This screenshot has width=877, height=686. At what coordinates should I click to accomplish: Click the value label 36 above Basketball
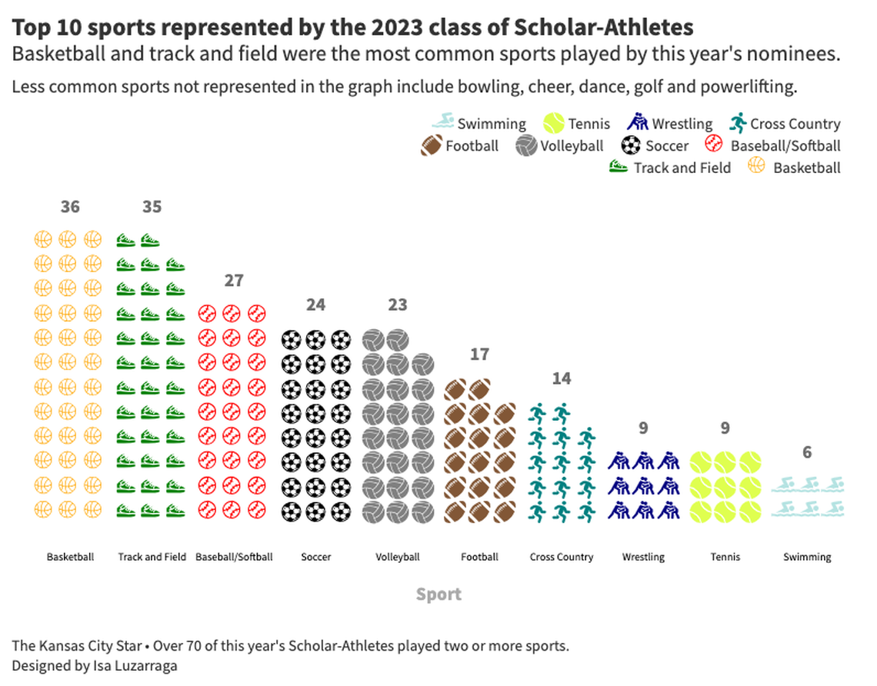click(70, 207)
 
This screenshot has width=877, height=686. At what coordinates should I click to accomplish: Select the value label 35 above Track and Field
click(152, 207)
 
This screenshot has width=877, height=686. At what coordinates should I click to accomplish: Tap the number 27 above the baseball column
click(234, 281)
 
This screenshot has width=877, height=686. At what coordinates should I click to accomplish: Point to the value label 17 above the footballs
click(479, 355)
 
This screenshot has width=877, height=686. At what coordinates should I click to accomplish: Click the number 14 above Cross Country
click(562, 378)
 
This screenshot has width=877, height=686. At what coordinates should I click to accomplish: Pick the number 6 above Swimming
click(807, 452)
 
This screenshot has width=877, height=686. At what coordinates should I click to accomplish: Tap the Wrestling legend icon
click(639, 122)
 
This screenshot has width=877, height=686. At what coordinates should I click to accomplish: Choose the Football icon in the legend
click(432, 145)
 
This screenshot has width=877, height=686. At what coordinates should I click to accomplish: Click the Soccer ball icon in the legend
click(631, 145)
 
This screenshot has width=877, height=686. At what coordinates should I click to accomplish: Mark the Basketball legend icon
click(756, 166)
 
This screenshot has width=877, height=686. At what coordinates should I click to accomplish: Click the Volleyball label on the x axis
click(398, 557)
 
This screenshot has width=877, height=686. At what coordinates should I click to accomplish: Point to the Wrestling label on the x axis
click(643, 557)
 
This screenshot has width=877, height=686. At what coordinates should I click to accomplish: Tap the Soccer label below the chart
click(315, 557)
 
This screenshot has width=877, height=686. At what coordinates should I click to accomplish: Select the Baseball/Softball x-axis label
click(234, 557)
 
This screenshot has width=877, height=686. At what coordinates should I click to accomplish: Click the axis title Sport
click(438, 594)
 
